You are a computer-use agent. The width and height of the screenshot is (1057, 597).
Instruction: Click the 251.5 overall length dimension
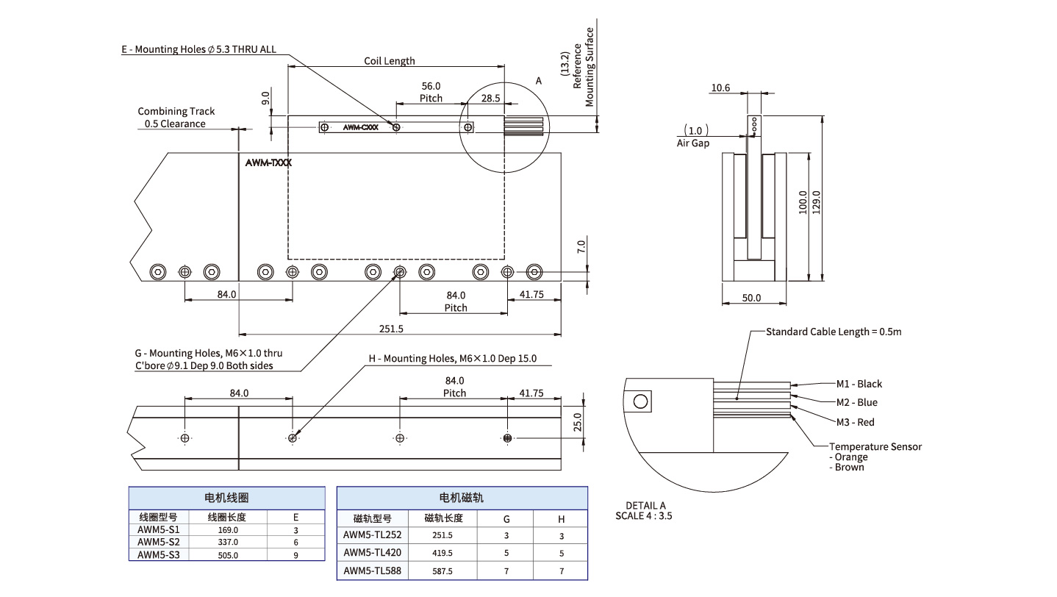391,329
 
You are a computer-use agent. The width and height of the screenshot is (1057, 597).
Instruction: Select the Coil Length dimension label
390,61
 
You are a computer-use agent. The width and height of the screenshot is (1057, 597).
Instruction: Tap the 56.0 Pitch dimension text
431,92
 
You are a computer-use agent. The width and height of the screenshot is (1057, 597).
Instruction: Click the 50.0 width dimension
751,298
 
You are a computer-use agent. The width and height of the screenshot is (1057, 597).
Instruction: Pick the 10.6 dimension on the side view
720,88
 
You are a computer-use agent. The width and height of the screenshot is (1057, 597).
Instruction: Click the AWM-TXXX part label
268,164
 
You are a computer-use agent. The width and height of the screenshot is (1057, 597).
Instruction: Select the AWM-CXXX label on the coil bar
361,127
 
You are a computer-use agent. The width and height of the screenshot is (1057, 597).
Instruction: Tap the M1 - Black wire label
859,384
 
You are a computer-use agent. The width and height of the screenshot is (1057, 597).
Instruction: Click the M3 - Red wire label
856,422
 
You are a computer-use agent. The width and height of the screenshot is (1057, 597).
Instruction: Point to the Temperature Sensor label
875,446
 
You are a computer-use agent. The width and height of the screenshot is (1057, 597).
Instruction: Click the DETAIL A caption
645,506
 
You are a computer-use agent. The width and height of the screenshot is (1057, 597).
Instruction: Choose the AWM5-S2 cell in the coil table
158,542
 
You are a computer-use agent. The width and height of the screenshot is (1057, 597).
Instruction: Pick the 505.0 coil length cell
228,555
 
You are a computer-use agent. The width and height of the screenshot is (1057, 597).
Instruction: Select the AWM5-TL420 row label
373,552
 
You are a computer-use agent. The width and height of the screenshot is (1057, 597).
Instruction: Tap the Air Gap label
692,143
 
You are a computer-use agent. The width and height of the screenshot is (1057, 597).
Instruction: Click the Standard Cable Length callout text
834,332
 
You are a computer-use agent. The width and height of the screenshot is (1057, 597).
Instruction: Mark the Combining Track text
176,111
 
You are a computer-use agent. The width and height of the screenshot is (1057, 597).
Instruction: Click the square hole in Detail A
640,401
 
